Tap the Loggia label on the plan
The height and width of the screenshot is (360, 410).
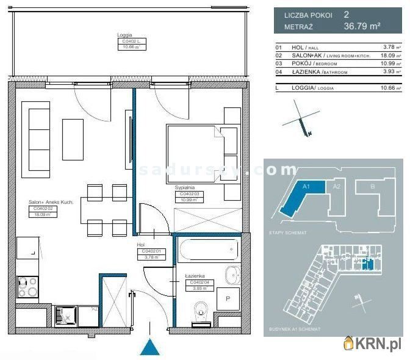click(124, 35)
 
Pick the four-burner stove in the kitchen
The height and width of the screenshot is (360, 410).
click(27, 286)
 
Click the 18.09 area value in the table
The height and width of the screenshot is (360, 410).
click(388, 56)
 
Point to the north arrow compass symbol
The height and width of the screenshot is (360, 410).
click(302, 121)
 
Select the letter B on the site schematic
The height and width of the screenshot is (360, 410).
click(373, 187)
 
